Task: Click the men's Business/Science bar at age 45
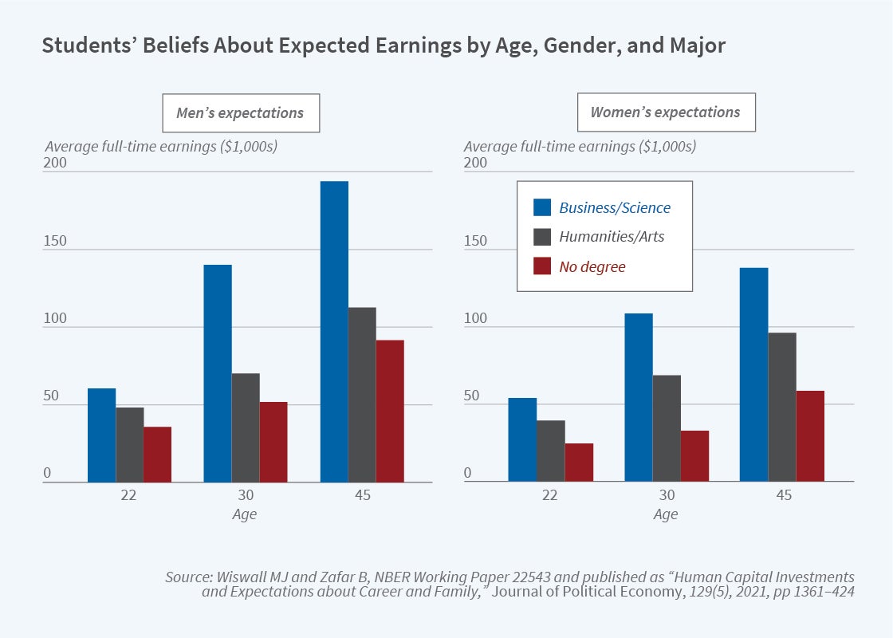point(334,332)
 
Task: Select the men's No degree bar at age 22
point(158,455)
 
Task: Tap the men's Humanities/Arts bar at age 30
point(246,427)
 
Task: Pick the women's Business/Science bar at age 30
point(638,397)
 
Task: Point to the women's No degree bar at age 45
point(810,436)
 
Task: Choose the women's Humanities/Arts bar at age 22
point(551,451)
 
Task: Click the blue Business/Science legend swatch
point(542,207)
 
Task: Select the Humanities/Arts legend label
point(612,237)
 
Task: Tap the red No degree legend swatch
point(542,266)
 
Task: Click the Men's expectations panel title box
point(241,113)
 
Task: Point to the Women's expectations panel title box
point(666,112)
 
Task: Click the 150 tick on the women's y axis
point(475,242)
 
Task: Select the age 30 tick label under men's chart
point(245,495)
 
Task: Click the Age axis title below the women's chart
point(666,514)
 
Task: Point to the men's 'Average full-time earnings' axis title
point(161,147)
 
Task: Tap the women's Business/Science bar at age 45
point(754,375)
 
